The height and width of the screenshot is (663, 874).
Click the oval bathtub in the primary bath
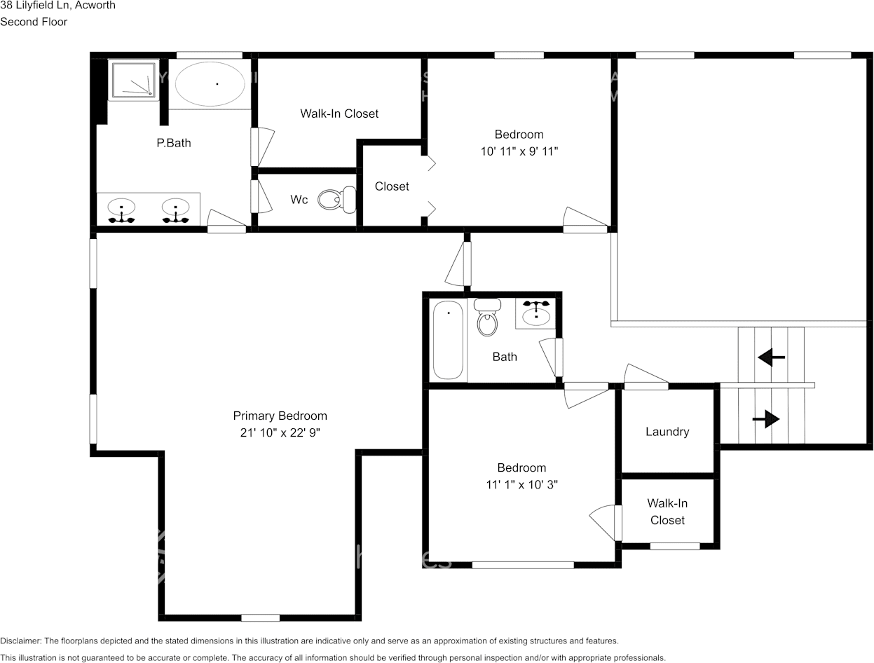[210, 84]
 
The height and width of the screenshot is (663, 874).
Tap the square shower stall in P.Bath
[132, 78]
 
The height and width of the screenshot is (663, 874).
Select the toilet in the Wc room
[337, 200]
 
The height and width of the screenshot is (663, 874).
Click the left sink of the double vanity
[121, 209]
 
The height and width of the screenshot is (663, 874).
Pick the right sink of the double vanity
[175, 209]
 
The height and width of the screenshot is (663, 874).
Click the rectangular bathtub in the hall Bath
[448, 340]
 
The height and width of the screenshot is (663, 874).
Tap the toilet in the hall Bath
[487, 318]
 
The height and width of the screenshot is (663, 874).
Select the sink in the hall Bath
[536, 313]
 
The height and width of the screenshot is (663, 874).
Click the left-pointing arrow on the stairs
[771, 357]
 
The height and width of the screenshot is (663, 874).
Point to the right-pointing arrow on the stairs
[766, 420]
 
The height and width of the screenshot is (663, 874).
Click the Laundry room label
[667, 432]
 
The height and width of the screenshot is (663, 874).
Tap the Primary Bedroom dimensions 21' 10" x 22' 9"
[280, 433]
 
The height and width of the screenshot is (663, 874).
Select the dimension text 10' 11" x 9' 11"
[519, 151]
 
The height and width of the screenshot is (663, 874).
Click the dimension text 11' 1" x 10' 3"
[521, 484]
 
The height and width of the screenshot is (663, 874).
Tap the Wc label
[299, 200]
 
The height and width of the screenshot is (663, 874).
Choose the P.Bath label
[173, 143]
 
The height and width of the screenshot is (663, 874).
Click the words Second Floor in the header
[34, 22]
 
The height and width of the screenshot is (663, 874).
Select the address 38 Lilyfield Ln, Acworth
[57, 6]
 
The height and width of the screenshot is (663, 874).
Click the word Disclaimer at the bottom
[20, 641]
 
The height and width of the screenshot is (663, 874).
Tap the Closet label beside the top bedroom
[392, 186]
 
